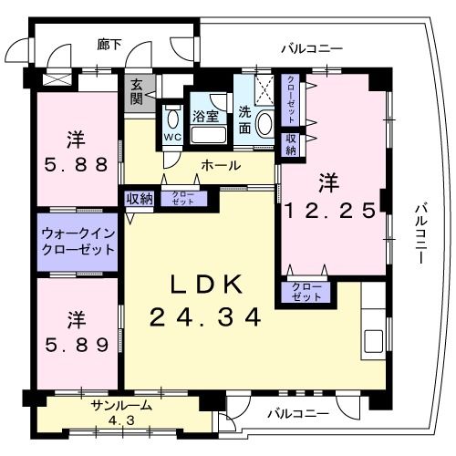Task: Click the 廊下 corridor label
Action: (x=109, y=44)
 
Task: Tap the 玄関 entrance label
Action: (x=137, y=91)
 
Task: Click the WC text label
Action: (x=171, y=138)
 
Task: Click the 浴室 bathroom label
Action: (x=204, y=117)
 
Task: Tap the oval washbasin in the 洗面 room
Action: (x=263, y=124)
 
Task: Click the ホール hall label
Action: (x=221, y=165)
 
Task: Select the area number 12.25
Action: (x=330, y=210)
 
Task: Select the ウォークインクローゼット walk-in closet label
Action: (x=78, y=241)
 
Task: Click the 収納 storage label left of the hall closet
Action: (x=139, y=198)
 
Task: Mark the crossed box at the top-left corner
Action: (x=47, y=79)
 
